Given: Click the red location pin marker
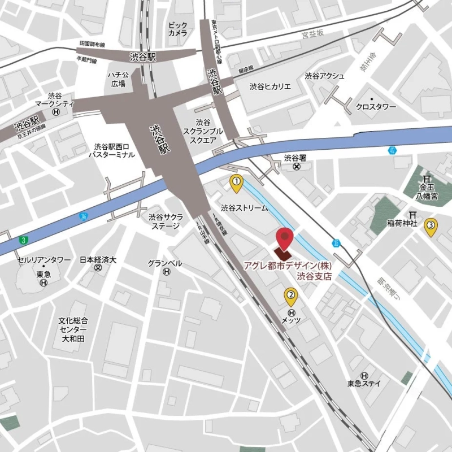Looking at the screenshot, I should click(284, 238).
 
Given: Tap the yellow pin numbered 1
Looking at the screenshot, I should click(236, 182).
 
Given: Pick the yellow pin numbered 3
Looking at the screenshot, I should click(431, 226).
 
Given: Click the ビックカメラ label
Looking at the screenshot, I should click(177, 29).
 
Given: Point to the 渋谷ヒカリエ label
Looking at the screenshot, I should click(270, 86).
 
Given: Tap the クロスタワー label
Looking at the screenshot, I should click(377, 106).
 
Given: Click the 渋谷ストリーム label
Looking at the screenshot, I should click(244, 207).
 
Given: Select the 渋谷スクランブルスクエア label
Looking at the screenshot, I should click(203, 131).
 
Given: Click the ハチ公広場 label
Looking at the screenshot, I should click(118, 79).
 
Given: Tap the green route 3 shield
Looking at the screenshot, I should click(23, 240).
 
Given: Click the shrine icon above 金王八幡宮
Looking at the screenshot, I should click(427, 179).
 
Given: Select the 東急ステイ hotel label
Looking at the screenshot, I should click(364, 383).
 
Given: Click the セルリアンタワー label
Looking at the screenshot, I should click(44, 260).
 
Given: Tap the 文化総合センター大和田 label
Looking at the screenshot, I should click(73, 329).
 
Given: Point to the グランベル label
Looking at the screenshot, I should click(165, 263).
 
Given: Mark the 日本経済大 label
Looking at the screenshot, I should click(98, 260).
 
